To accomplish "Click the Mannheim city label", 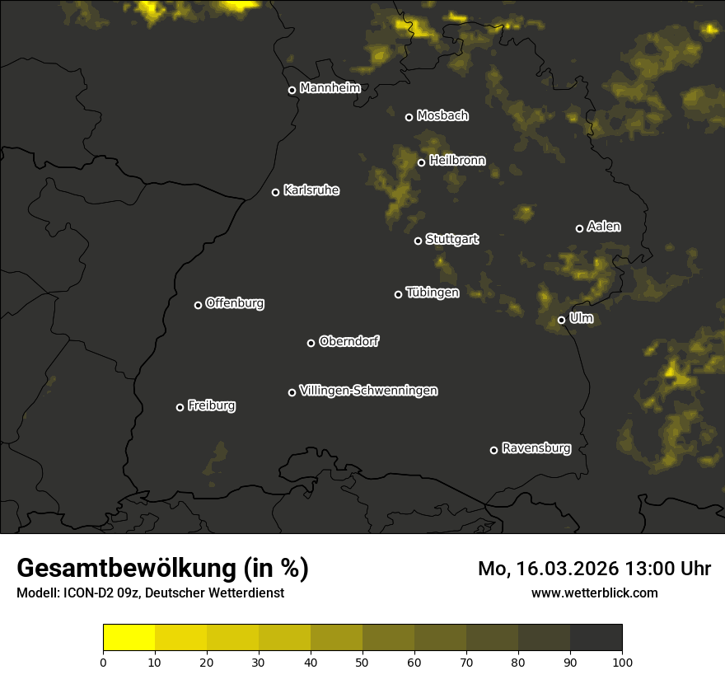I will pos(330,88).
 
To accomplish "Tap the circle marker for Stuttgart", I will pos(418,241).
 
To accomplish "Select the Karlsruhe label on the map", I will pos(311,190).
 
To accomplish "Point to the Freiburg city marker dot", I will pos(180,407).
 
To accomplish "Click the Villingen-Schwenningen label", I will pos(368,391).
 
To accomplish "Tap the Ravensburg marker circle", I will pos(493,450).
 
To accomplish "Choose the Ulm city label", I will pos(581,318).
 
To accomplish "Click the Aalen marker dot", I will pos(579,228).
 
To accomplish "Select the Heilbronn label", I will pos(457,161).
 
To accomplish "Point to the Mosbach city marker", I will pos(409,117).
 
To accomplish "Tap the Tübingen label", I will pos(432,293).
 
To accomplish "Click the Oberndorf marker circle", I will pos(311,343).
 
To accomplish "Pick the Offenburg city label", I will pos(235,303).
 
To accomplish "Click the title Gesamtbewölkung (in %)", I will pos(162,569).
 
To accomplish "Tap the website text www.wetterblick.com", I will pos(594,593).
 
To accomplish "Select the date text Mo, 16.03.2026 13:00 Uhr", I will pos(594,569).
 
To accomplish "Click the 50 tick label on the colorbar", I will pos(362,662).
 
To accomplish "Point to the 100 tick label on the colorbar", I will pos(622,662).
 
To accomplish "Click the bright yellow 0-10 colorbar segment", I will pos(129,638).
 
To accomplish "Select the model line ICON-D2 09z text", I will pos(150,593).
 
